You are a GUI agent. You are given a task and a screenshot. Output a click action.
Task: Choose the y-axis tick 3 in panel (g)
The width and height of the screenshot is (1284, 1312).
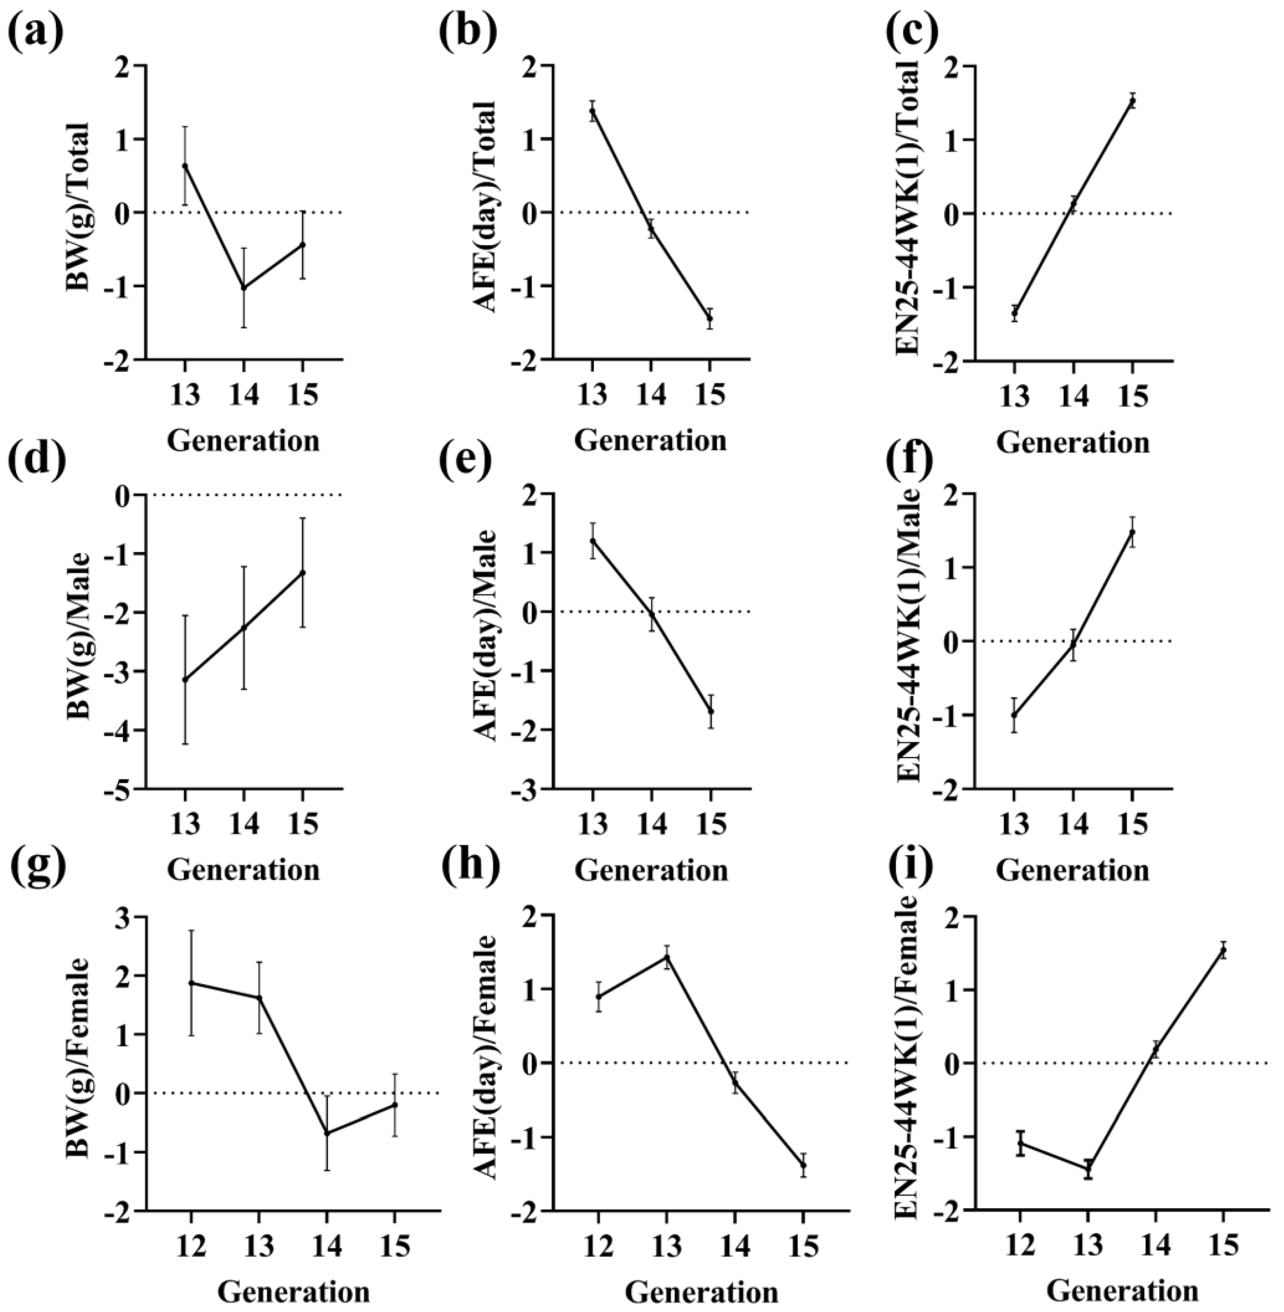pos(123,917)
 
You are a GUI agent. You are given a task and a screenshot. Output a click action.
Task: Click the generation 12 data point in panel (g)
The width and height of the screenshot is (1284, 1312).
pos(191,983)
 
